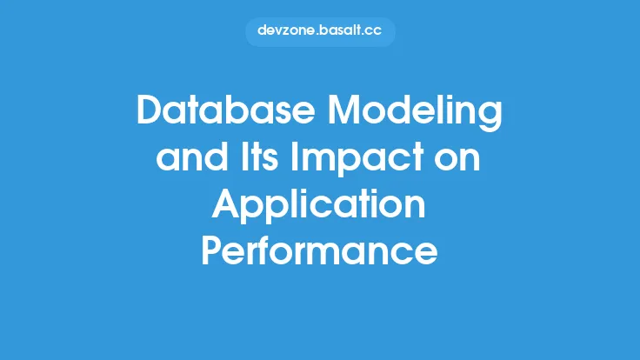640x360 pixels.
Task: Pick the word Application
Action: pos(319,207)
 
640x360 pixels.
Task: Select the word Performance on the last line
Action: pos(319,252)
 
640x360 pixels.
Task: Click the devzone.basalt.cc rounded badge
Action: pos(320,31)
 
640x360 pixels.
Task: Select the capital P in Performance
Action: pos(213,252)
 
